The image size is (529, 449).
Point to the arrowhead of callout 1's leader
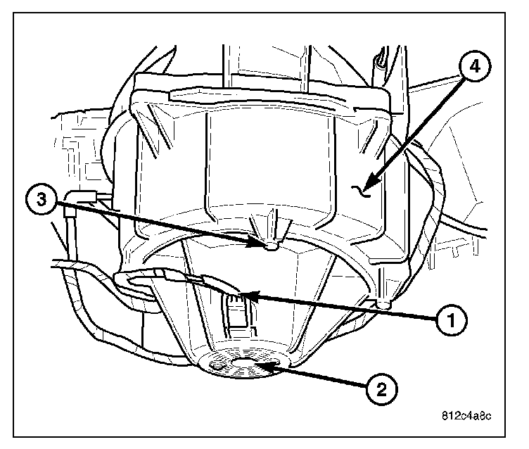[x=241, y=293]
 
